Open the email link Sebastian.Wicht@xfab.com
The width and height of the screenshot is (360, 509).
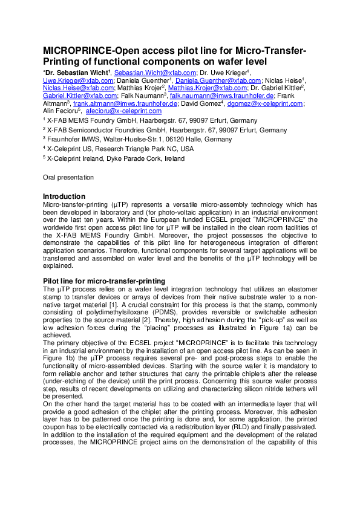tap(151, 73)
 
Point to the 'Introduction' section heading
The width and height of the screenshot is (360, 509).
tap(64, 196)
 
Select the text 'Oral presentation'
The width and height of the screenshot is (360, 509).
tap(68, 177)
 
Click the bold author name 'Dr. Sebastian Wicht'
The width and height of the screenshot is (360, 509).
tap(77, 73)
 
